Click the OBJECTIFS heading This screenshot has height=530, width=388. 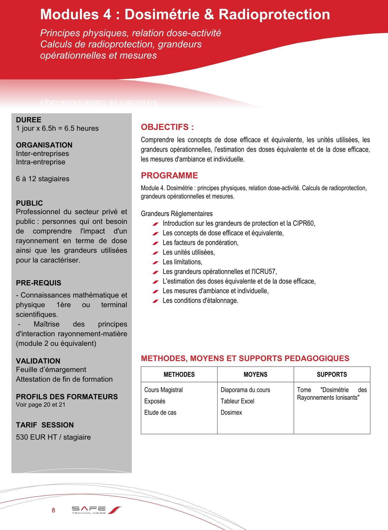coord(167,127)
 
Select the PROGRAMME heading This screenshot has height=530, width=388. coord(169,175)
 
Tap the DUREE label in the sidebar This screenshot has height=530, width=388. coord(28,120)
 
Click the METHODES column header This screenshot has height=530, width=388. coord(179,374)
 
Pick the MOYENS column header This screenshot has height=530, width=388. coord(255,374)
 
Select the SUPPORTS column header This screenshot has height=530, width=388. coord(332,374)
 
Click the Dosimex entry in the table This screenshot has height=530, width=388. coord(231,412)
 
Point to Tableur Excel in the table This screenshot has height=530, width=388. coord(237,401)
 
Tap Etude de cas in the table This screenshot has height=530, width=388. coord(160,412)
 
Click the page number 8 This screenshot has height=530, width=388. coord(53,510)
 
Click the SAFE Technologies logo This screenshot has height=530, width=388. coord(96,510)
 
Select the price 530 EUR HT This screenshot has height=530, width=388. coord(36,437)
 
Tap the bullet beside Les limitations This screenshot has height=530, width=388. coord(155,262)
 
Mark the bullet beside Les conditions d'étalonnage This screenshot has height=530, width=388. coord(155,301)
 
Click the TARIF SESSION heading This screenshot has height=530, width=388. coord(45,425)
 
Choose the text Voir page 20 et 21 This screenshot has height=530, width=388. coord(41,405)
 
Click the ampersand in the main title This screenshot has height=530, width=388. coord(209,15)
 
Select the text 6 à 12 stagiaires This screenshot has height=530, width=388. coord(43,179)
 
